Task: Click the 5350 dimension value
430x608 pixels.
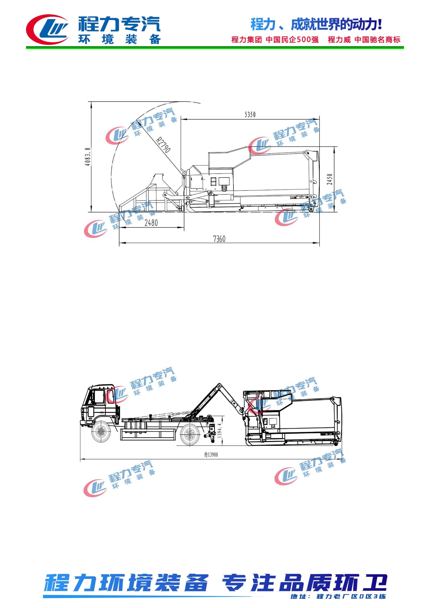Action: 250,114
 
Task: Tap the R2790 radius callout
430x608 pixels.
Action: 162,145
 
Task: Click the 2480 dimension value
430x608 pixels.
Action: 151,223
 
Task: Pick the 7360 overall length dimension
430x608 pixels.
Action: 219,239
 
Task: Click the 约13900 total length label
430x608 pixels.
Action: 211,455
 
